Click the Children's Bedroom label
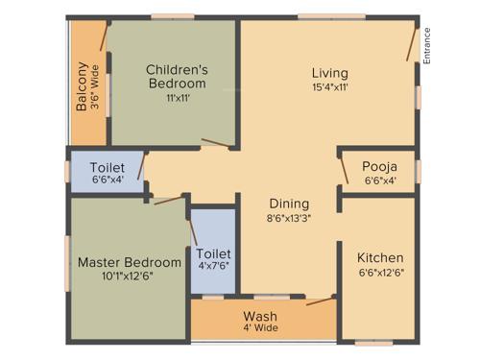[x=177, y=76]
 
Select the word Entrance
[x=427, y=45]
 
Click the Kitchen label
[x=380, y=258]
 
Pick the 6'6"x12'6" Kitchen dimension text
[x=380, y=274]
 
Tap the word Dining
[x=289, y=204]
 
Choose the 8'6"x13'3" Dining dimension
[x=289, y=218]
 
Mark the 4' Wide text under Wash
[x=260, y=330]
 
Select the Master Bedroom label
[x=130, y=262]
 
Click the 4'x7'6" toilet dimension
[x=213, y=267]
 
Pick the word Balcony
[x=83, y=86]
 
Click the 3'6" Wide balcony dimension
[x=96, y=86]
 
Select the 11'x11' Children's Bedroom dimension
[x=177, y=98]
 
